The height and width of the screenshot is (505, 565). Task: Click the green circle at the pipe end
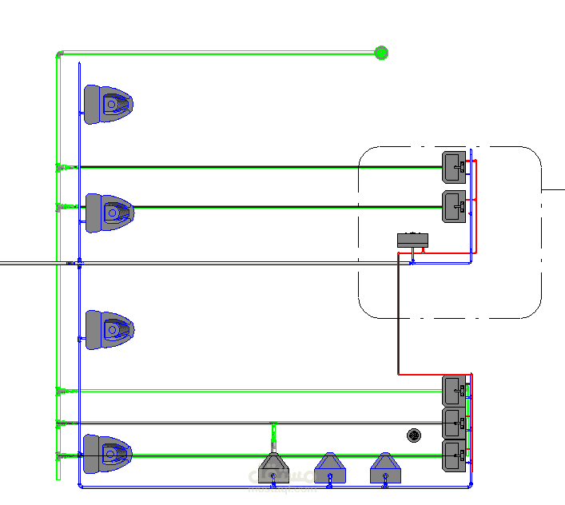(x=381, y=53)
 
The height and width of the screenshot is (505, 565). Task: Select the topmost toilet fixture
(x=108, y=103)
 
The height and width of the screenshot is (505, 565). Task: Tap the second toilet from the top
(x=109, y=212)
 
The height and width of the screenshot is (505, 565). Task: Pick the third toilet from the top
(x=109, y=328)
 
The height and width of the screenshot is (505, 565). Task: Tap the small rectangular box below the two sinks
(x=412, y=239)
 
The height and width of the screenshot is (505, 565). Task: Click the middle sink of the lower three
(x=455, y=421)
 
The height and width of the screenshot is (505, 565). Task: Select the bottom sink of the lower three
(x=455, y=455)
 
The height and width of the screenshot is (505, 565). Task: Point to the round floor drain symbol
(x=415, y=435)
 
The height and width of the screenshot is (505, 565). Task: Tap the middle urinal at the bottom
(x=329, y=468)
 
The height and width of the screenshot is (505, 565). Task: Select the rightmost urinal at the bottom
(x=384, y=468)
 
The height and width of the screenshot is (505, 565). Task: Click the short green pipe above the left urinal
(x=273, y=436)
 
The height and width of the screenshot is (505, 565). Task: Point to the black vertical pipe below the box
(x=398, y=320)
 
